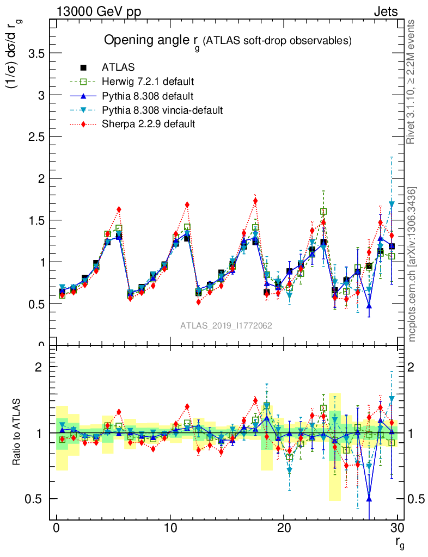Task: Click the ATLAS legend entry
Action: pos(118,67)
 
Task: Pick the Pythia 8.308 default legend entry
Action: pos(147,96)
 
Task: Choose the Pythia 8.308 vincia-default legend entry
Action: pos(162,110)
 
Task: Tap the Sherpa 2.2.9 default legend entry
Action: pos(148,125)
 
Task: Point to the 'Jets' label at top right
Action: pos(386,12)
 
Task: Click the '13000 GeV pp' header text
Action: pos(98,12)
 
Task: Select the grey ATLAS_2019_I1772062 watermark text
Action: pos(226,325)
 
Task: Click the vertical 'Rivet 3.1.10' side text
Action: pos(411,82)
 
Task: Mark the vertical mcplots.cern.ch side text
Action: pos(412,264)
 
